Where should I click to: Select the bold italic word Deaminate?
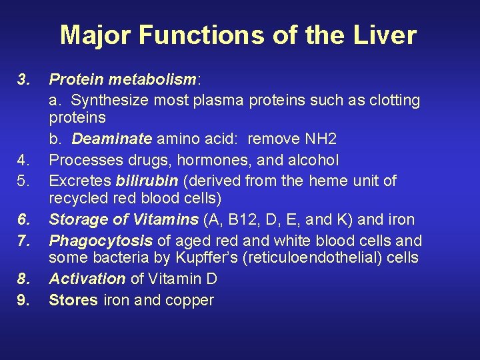click(x=113, y=139)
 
